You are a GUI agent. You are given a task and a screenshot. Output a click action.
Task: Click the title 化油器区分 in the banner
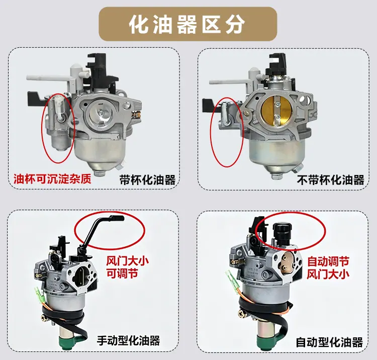point(187,25)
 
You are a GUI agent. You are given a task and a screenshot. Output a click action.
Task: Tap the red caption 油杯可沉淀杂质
point(52,179)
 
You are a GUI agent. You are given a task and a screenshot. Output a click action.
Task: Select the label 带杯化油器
point(147,180)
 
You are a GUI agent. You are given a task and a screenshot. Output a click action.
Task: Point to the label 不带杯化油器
point(331,180)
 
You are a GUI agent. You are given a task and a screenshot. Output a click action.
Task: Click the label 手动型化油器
point(128,340)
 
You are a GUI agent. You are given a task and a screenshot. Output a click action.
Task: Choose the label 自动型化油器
point(329,342)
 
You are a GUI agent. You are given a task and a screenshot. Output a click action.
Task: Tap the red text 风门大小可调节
point(128,267)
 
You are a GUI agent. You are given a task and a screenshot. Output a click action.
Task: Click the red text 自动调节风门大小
point(328,267)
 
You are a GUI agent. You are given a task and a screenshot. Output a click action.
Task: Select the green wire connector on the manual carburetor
point(39,295)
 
